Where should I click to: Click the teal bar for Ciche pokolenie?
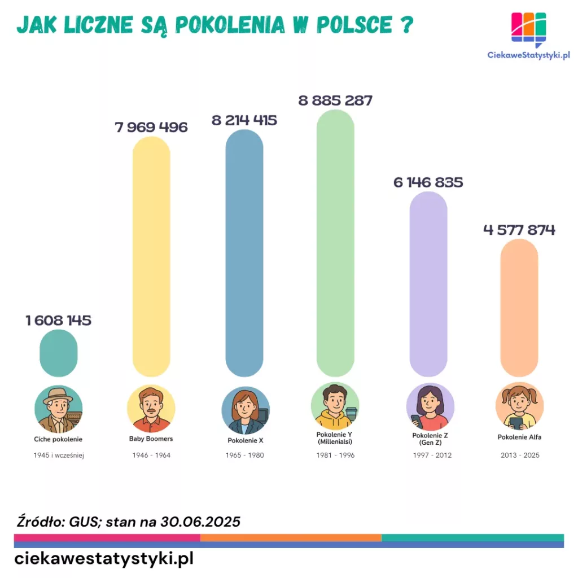(58, 353)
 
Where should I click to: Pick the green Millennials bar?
(335, 243)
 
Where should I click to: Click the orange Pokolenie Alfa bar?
(519, 308)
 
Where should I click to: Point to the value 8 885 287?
(335, 101)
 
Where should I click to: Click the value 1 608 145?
(58, 321)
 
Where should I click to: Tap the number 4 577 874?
(519, 230)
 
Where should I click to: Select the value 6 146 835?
(428, 182)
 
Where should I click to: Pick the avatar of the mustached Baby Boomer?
(151, 409)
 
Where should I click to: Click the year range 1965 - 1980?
(244, 455)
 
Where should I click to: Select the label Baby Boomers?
(151, 439)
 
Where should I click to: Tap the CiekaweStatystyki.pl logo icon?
(528, 28)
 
